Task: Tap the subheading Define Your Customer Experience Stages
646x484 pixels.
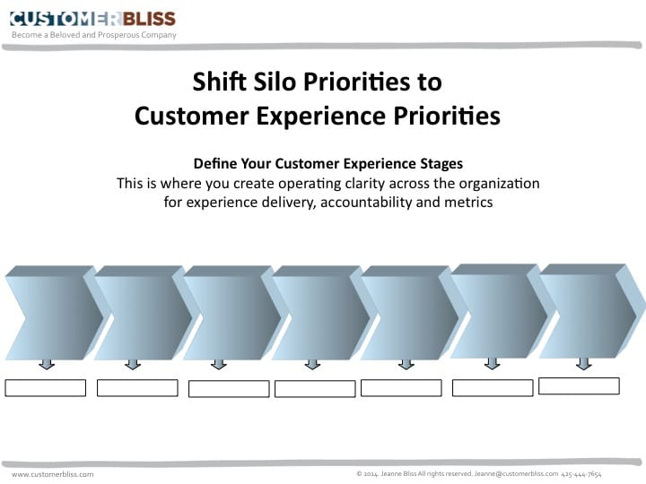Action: point(327,164)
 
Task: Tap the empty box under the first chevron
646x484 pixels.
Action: point(45,388)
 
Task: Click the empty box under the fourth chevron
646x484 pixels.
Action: point(315,389)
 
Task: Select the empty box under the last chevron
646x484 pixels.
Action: point(579,385)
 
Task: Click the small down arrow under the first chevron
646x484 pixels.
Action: point(47,364)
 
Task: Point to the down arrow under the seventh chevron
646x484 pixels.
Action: point(583,363)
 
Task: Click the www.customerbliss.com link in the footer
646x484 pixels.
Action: point(52,474)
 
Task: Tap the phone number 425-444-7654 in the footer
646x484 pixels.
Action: point(581,473)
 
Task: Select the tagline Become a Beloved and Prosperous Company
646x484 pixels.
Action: point(93,35)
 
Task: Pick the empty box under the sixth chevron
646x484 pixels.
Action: point(493,387)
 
